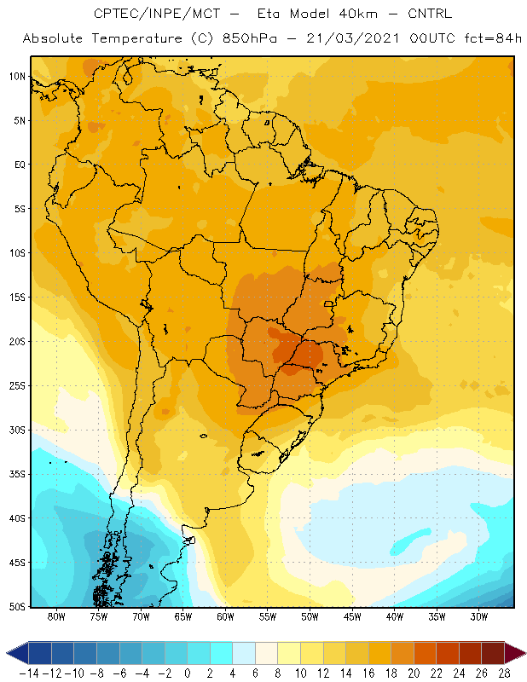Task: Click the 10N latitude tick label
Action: (17, 77)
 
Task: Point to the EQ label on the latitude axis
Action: (20, 165)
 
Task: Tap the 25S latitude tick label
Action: (17, 386)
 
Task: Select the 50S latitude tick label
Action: (17, 607)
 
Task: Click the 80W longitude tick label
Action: (56, 616)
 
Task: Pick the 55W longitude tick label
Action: (268, 616)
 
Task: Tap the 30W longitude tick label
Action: (479, 616)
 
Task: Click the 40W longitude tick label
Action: (395, 616)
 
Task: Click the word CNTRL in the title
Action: (430, 14)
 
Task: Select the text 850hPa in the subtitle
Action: (250, 38)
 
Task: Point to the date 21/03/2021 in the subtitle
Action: (352, 38)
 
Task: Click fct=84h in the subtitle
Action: (493, 38)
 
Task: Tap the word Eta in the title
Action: (269, 14)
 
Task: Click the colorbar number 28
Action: (505, 673)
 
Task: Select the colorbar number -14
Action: (30, 673)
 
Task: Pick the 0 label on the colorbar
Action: (187, 673)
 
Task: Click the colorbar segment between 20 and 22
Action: (426, 653)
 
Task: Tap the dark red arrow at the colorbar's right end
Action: (515, 653)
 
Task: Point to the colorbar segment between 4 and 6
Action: (244, 653)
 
